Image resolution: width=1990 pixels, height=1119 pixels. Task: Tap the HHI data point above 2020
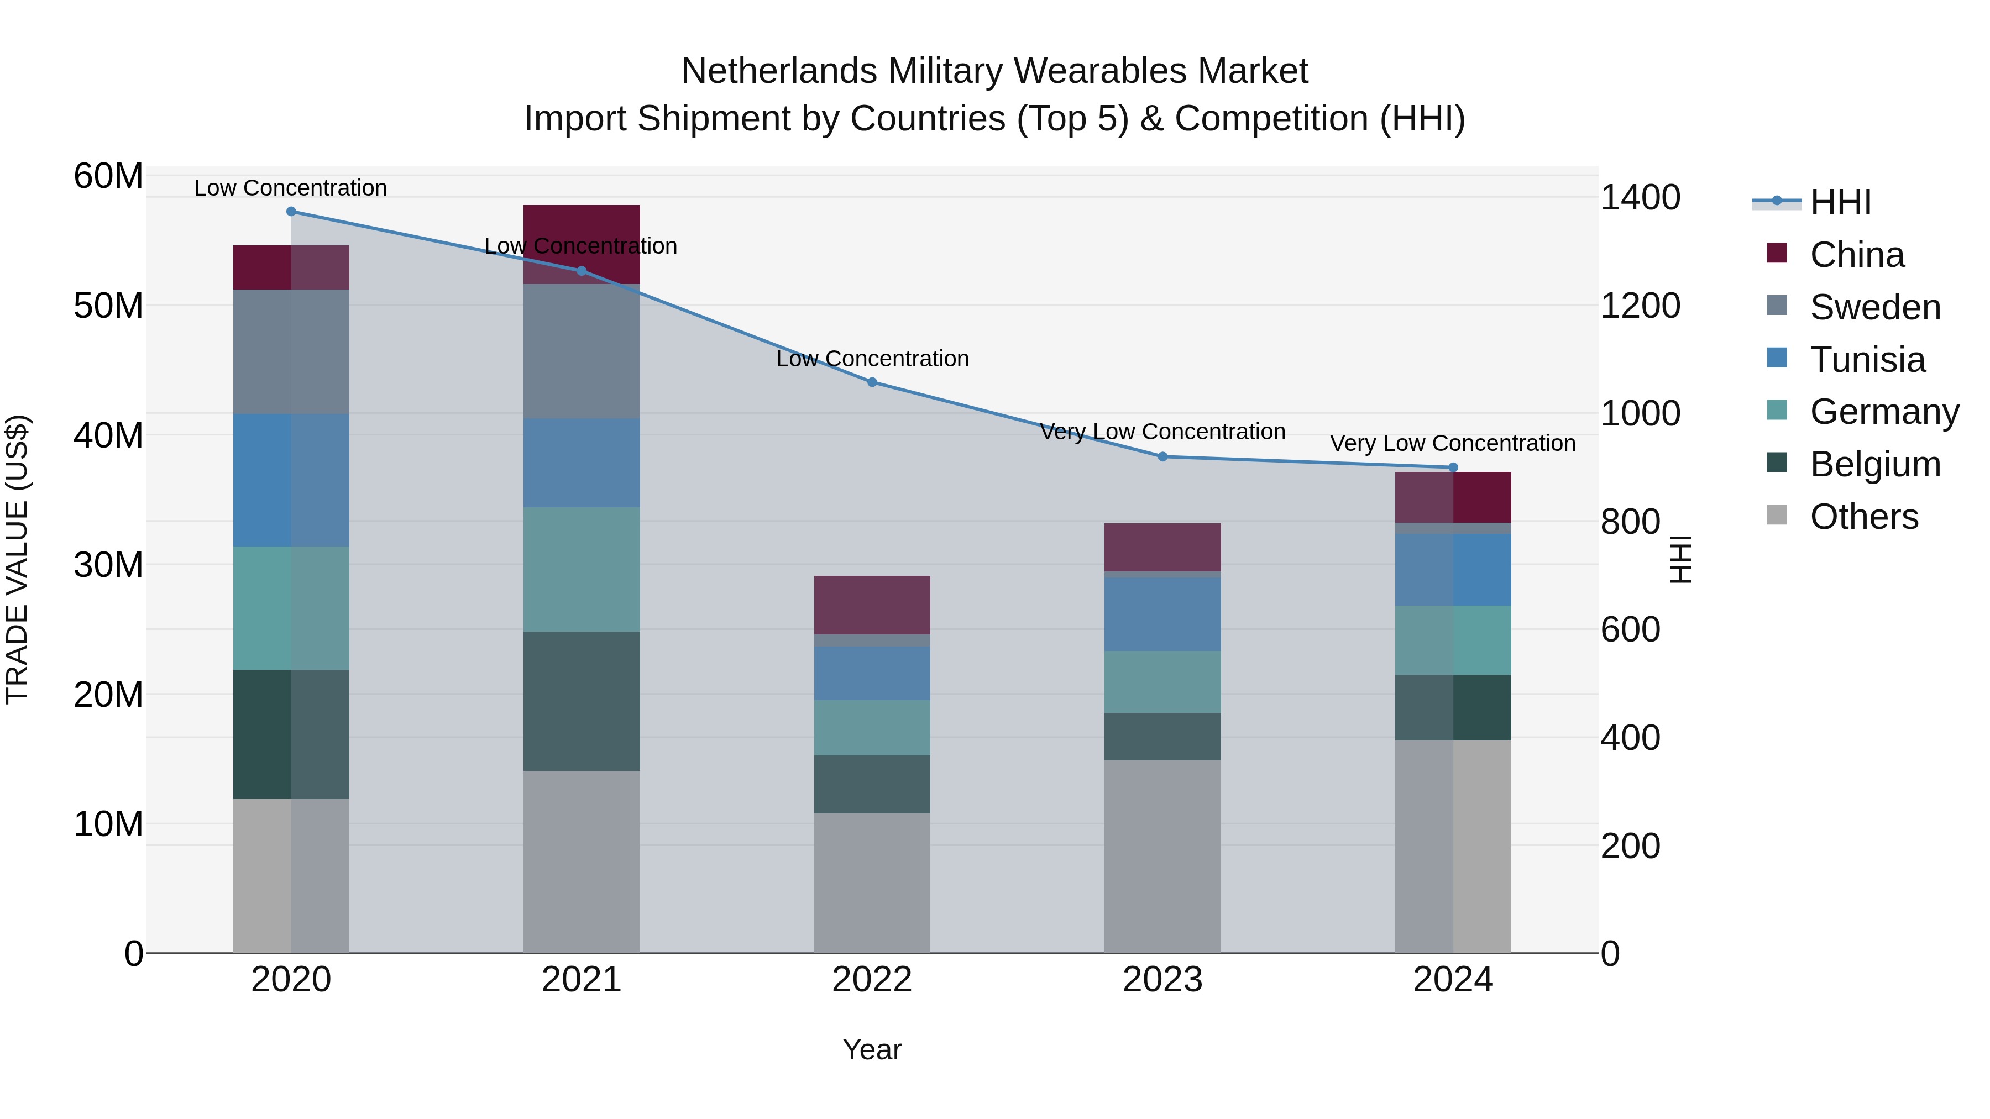(x=291, y=212)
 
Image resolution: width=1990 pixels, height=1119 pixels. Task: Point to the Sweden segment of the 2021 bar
(x=582, y=351)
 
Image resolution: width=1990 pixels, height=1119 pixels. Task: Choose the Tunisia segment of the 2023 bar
(x=1162, y=614)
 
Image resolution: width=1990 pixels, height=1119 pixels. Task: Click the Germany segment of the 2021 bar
(x=582, y=569)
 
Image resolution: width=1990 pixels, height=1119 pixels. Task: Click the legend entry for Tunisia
(x=1866, y=360)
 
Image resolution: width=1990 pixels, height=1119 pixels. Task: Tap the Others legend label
(x=1863, y=517)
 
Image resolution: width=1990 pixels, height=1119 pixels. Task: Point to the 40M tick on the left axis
(x=108, y=435)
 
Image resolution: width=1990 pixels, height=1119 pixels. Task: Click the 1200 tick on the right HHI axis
(x=1640, y=306)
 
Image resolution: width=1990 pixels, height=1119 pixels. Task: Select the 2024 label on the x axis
(x=1452, y=980)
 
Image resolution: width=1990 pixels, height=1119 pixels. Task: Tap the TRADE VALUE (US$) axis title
(x=17, y=559)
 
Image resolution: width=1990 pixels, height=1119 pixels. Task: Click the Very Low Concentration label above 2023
(x=1162, y=432)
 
